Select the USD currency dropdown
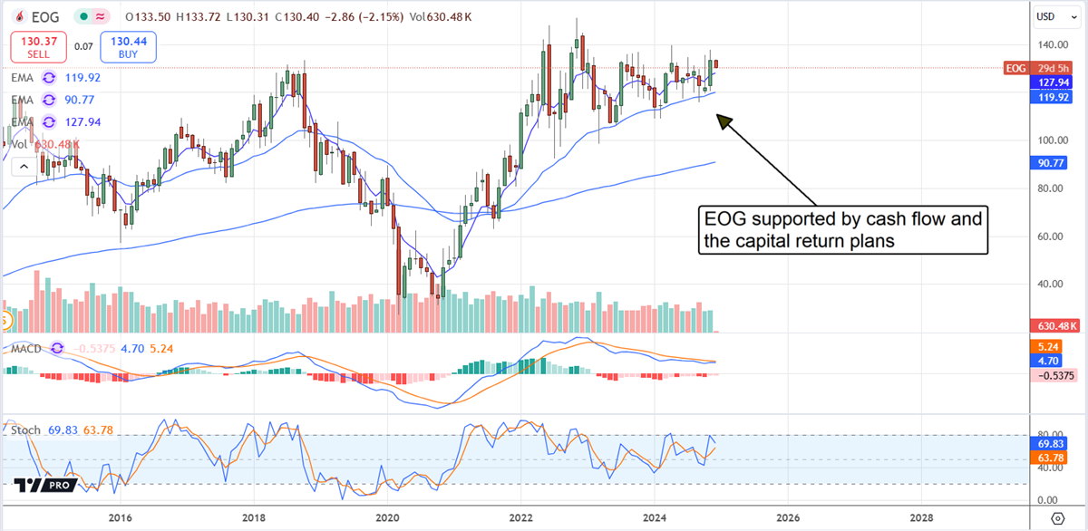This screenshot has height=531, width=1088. pos(1052,16)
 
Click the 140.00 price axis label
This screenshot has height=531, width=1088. pos(1051,44)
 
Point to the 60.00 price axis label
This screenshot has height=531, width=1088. pos(1051,237)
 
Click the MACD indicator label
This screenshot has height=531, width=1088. pos(25,347)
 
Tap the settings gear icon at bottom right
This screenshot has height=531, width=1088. pos(1057,517)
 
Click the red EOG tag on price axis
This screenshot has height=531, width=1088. pos(1015,68)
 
